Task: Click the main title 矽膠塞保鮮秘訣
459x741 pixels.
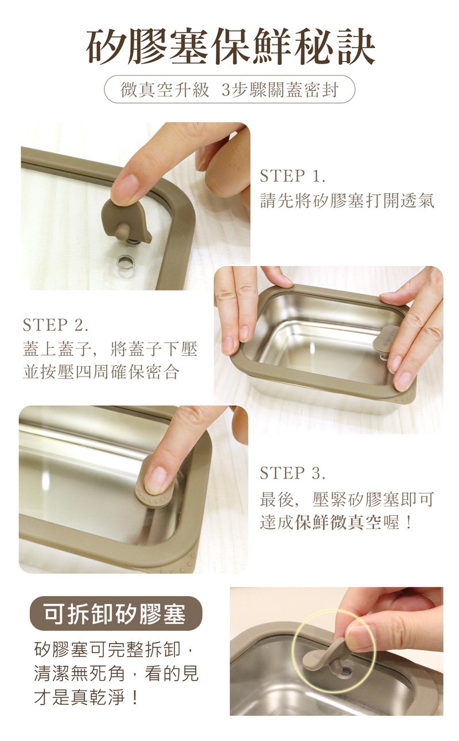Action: pyautogui.click(x=230, y=47)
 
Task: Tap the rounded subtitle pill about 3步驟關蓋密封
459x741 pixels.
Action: pyautogui.click(x=229, y=90)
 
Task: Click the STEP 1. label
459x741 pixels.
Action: pyautogui.click(x=293, y=176)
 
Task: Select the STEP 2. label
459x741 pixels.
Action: pyautogui.click(x=56, y=325)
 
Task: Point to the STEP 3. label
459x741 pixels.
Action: pyautogui.click(x=293, y=473)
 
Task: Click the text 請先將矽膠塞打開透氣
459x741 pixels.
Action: pyautogui.click(x=347, y=201)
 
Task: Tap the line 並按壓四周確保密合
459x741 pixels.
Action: pyautogui.click(x=101, y=372)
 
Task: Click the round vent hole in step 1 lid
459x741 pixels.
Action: pyautogui.click(x=125, y=262)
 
